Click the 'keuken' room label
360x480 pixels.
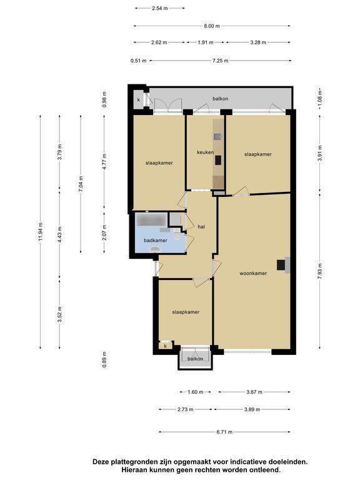point(205,152)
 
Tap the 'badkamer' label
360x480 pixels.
point(156,241)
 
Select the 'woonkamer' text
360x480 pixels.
point(253,273)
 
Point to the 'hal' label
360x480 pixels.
point(201,227)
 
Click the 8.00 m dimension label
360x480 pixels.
point(212,26)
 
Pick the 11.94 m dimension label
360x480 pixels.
point(41,232)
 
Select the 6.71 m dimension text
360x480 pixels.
point(224,432)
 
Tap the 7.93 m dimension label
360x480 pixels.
point(320,271)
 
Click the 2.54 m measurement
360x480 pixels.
point(160,8)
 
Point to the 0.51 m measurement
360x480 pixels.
point(138,61)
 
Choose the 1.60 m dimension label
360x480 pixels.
point(195,392)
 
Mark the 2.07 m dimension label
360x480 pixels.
point(104,232)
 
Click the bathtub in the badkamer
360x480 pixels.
point(151,219)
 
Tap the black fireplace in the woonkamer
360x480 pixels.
point(281,265)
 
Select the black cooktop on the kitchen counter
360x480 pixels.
point(218,160)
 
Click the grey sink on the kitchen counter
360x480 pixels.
point(218,136)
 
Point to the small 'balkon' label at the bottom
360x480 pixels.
point(195,359)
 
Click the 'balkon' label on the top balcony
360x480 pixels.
point(221,99)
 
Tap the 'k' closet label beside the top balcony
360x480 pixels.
point(138,100)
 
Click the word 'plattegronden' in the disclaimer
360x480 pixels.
point(133,462)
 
